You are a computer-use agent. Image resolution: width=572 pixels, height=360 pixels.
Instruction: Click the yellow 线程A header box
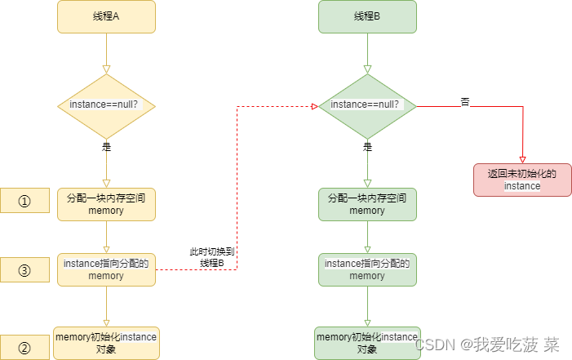coord(106,16)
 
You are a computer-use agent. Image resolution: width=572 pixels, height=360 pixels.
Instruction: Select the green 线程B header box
coord(367,16)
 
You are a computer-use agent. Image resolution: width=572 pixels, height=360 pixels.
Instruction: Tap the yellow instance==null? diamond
coord(106,105)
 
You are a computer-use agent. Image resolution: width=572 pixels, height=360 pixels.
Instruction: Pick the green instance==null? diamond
coord(367,105)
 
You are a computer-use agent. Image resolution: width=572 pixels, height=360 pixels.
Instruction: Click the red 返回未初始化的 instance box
coord(521,180)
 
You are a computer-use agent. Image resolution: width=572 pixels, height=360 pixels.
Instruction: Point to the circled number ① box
coord(24,202)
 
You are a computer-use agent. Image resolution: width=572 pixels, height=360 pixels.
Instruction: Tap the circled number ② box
coord(24,348)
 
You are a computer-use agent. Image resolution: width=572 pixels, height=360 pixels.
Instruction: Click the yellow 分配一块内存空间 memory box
coord(106,204)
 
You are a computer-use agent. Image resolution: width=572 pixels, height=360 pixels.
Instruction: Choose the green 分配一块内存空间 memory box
coord(367,204)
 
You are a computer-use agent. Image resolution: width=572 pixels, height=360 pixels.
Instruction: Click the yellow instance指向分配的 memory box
coord(106,269)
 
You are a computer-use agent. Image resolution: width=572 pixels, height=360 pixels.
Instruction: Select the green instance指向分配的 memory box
coord(367,269)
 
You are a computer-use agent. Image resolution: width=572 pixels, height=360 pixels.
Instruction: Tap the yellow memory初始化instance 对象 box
coord(106,343)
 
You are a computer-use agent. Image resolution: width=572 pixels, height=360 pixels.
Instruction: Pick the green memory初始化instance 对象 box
coord(367,343)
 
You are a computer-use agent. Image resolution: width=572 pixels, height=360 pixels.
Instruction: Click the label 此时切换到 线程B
coord(211,256)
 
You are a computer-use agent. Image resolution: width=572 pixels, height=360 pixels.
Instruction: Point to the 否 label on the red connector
coord(465,102)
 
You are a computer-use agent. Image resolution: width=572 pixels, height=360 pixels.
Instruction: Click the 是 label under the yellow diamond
coord(106,148)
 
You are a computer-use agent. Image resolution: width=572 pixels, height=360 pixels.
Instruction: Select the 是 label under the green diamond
coord(367,148)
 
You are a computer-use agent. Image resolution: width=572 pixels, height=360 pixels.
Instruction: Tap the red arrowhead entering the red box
coord(522,159)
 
